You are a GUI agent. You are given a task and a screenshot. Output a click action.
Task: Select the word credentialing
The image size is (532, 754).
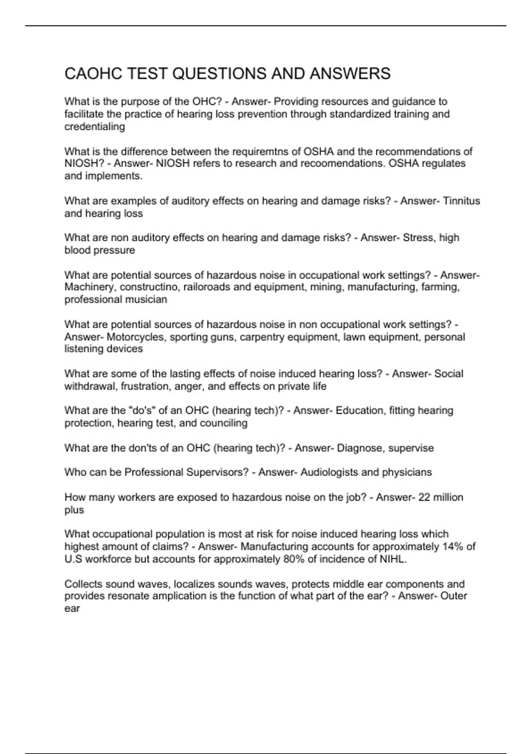(x=94, y=127)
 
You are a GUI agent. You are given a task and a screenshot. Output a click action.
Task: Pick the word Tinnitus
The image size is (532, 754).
(x=462, y=201)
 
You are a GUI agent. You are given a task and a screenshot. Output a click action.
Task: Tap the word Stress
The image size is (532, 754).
(x=418, y=238)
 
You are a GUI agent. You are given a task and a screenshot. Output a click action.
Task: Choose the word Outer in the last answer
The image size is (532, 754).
(x=454, y=596)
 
